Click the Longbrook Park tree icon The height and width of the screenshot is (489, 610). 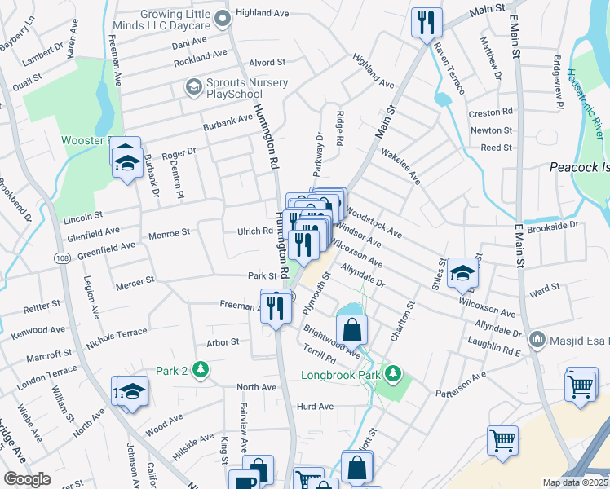coord(394,373)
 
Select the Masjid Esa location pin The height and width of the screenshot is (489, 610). coord(537,338)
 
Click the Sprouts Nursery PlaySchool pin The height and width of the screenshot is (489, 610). coord(194,86)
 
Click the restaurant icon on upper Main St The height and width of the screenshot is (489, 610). coord(427,24)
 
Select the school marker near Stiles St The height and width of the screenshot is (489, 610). coord(462,273)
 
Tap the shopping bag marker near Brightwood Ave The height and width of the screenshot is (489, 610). coord(351,329)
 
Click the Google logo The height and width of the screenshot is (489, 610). coord(27,479)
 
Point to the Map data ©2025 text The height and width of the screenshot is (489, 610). coord(575,482)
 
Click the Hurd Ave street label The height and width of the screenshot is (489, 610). coord(316,406)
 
